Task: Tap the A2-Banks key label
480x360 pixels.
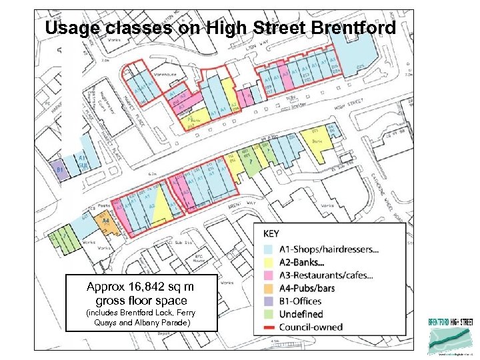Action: coord(311,263)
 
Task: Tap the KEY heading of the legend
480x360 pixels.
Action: coord(273,235)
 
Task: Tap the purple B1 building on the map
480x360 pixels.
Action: coord(59,171)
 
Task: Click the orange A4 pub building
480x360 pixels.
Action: coord(105,223)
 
